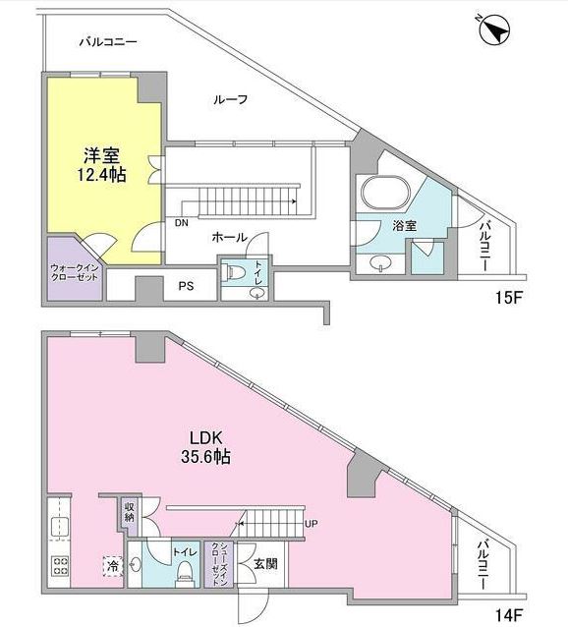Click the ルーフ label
pyautogui.click(x=230, y=99)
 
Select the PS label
pyautogui.click(x=185, y=287)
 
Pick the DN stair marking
pyautogui.click(x=182, y=223)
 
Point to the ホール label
pyautogui.click(x=229, y=238)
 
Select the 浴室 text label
pyautogui.click(x=405, y=225)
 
